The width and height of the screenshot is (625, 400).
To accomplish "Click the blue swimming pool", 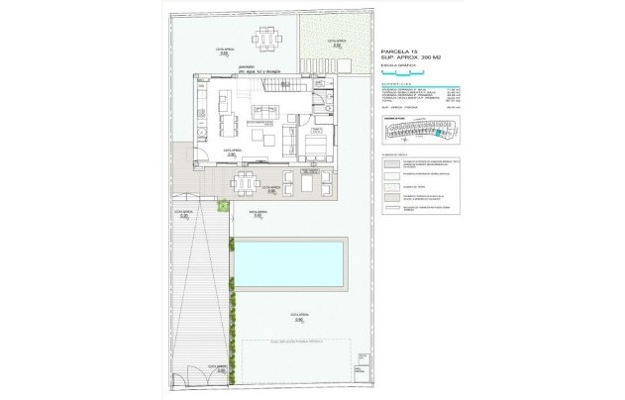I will point(289,265).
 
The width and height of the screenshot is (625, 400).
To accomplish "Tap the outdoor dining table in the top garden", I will point(264,41).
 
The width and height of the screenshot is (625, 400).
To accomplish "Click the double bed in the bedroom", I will point(314,149).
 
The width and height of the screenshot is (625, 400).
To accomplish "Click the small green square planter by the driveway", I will point(224,206).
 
